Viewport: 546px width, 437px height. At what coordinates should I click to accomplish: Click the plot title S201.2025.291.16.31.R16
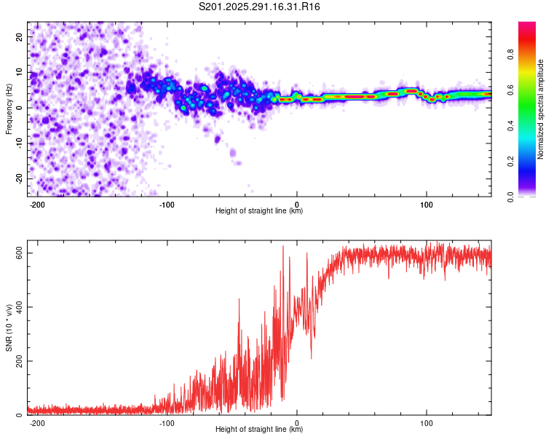pyautogui.click(x=260, y=7)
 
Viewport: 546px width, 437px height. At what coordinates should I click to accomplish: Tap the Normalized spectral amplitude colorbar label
pyautogui.click(x=540, y=109)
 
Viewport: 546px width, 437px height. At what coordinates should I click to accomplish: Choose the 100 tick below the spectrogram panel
pyautogui.click(x=426, y=204)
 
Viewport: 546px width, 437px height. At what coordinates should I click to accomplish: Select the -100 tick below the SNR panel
pyautogui.click(x=167, y=422)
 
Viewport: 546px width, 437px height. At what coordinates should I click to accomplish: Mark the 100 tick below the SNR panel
pyautogui.click(x=426, y=422)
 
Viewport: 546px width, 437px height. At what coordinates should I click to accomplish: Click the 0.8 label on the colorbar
pyautogui.click(x=530, y=54)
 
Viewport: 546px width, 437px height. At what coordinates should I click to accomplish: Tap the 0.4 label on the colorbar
pyautogui.click(x=530, y=125)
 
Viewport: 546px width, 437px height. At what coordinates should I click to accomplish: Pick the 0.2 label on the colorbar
pyautogui.click(x=530, y=161)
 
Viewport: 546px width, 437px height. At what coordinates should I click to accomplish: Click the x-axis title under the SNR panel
pyautogui.click(x=259, y=430)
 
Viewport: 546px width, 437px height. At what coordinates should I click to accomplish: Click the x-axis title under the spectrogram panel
pyautogui.click(x=259, y=212)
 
